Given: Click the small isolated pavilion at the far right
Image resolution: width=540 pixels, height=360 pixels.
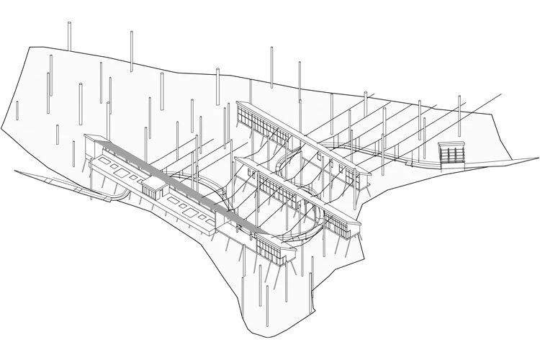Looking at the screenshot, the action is pyautogui.click(x=451, y=153).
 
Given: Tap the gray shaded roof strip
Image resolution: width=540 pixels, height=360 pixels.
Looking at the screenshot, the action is pyautogui.click(x=173, y=182).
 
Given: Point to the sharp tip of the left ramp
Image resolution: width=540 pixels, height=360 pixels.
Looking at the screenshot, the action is pyautogui.click(x=16, y=171).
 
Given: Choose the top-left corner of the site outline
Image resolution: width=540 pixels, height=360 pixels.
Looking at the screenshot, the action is pyautogui.click(x=29, y=48).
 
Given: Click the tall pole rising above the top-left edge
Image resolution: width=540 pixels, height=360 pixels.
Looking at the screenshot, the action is pyautogui.click(x=69, y=36).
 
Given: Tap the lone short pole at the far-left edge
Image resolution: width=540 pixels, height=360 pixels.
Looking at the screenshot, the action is pyautogui.click(x=17, y=112).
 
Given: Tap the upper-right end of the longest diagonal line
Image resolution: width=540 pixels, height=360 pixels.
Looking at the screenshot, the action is pyautogui.click(x=501, y=93).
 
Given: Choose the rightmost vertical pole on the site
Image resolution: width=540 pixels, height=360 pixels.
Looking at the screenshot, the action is pyautogui.click(x=459, y=115).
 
